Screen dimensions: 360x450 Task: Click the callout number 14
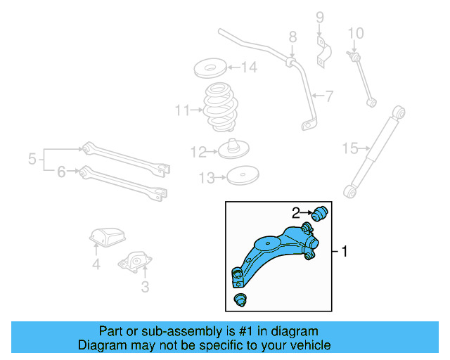point(249,68)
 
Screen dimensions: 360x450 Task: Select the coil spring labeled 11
point(219,109)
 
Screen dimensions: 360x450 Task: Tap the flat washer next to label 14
point(209,70)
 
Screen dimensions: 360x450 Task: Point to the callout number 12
point(198,151)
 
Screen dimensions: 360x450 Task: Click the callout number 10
point(356,32)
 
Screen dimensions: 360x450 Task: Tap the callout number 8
point(292,37)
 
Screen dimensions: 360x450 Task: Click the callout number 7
point(328,95)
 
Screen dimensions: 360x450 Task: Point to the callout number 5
point(32,160)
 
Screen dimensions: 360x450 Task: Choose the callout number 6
point(61,171)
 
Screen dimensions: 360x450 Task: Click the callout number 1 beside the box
point(345,251)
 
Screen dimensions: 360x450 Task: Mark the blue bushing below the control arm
point(240,301)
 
